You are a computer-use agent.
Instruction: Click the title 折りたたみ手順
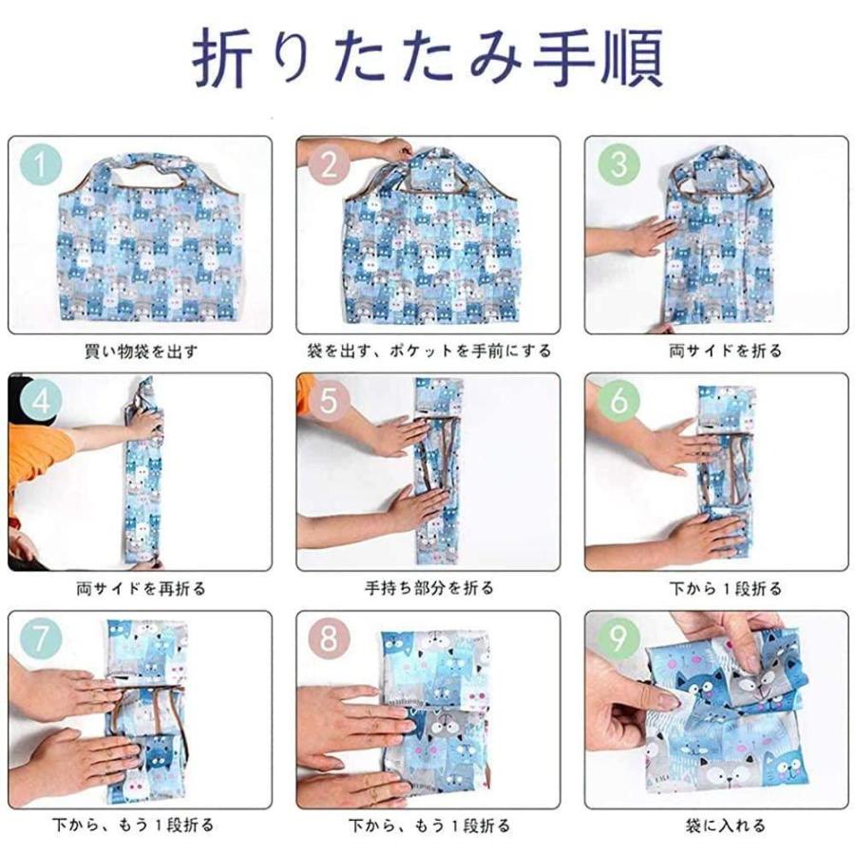(x=427, y=60)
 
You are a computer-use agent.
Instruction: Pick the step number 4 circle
(x=40, y=402)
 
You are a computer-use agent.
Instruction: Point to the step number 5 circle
(x=328, y=402)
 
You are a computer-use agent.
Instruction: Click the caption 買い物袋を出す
(x=141, y=351)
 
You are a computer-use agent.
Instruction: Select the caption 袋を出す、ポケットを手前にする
(x=428, y=351)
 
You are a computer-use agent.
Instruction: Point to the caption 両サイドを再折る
(x=141, y=588)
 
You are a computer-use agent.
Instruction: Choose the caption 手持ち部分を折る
(x=428, y=588)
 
